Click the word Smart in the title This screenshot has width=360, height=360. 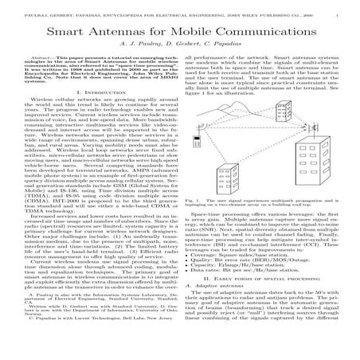tap(76, 34)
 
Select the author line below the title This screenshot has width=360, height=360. tap(180, 49)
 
